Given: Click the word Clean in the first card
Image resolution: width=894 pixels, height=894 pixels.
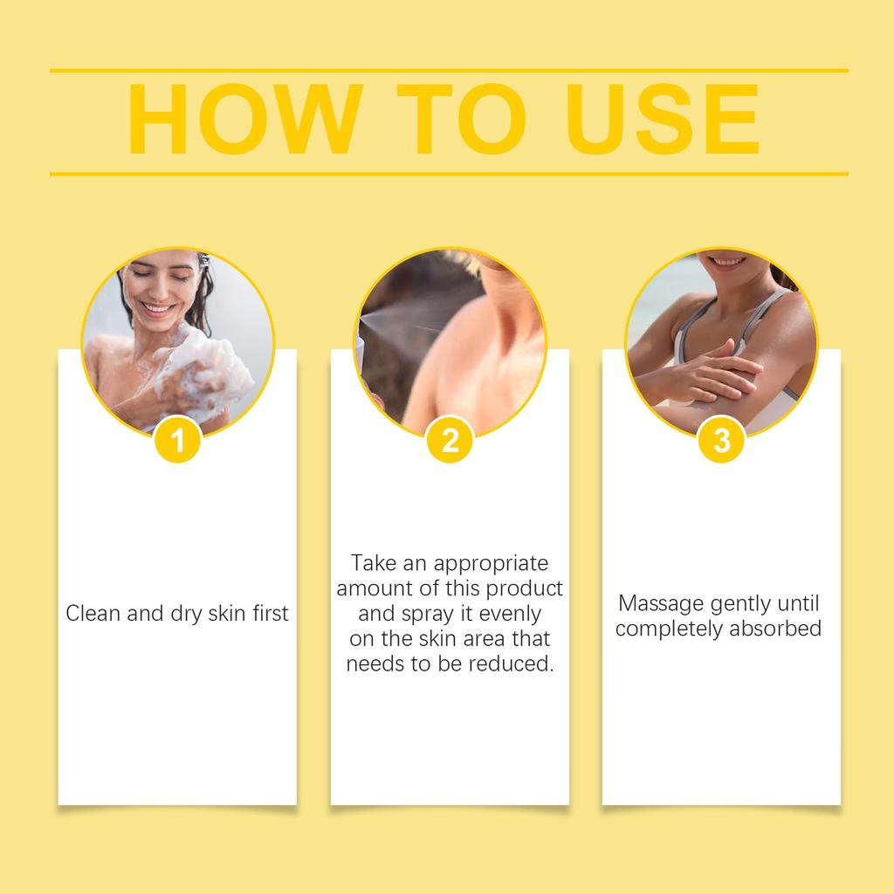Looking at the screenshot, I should coord(93,614).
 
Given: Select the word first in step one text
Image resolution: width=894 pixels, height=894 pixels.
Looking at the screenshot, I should coord(269,614).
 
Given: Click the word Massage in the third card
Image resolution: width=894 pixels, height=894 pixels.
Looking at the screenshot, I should coord(659,603).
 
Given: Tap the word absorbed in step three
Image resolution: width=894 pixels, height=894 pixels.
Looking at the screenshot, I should coord(779,629).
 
